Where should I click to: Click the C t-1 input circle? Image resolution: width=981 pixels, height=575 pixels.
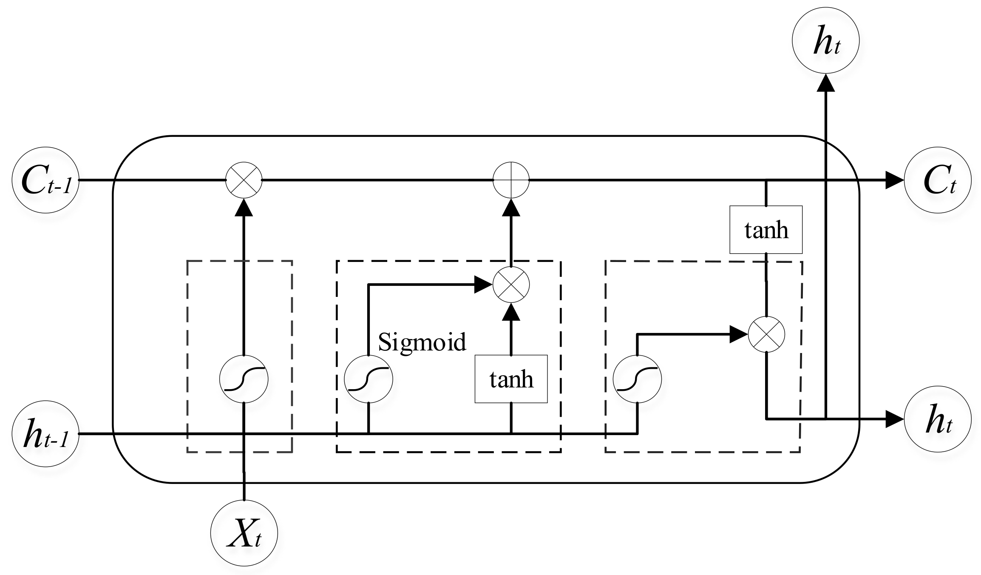tap(46, 180)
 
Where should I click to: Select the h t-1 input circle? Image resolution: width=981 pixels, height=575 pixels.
tap(46, 433)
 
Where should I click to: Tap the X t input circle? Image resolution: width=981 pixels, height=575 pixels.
tap(244, 533)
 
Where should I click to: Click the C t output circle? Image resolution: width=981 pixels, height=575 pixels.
tap(937, 180)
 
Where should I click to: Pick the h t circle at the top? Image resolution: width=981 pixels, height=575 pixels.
tap(825, 41)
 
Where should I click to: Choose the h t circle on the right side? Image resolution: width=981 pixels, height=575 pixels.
tap(937, 419)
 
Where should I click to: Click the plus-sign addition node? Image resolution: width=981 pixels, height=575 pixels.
tap(511, 180)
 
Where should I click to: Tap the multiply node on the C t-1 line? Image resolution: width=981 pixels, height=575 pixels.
tap(244, 180)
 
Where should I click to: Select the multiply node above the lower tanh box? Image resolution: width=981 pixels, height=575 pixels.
tap(511, 285)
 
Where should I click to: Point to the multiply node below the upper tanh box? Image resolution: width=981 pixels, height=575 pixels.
tap(766, 334)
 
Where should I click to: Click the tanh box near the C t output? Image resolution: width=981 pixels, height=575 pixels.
tap(766, 230)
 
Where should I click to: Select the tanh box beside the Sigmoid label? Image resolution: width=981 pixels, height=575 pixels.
tap(511, 379)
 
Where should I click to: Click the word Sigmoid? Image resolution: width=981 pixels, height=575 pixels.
tap(422, 342)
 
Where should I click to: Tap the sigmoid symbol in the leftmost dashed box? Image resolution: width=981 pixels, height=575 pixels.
tap(244, 379)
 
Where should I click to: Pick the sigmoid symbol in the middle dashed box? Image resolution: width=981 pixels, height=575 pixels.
tap(368, 379)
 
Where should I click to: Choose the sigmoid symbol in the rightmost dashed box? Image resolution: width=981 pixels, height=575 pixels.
tap(637, 379)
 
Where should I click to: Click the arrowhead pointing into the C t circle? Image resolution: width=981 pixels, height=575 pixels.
tap(894, 180)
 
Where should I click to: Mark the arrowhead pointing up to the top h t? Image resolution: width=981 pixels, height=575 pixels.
tap(825, 83)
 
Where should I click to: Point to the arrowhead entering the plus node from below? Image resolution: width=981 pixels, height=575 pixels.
tap(511, 208)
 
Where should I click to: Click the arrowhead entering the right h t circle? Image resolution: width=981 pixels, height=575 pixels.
tap(894, 419)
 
